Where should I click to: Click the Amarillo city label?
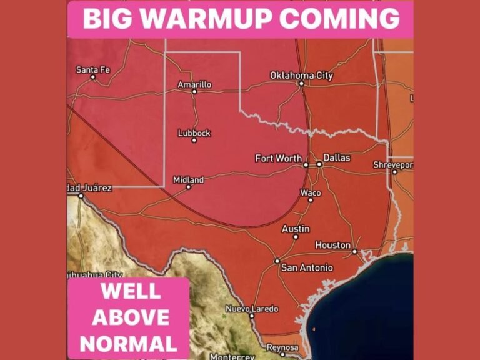click(194, 84)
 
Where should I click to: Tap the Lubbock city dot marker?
click(194, 140)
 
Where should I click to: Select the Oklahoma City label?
click(301, 76)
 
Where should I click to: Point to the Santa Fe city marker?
click(93, 77)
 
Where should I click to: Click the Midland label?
click(188, 179)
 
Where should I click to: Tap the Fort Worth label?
click(279, 158)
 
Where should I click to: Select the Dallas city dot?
click(319, 164)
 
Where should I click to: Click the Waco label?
click(311, 192)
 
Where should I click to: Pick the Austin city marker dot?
click(296, 237)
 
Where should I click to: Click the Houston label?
click(332, 246)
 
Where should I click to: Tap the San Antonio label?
click(307, 268)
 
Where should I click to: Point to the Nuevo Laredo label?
click(252, 309)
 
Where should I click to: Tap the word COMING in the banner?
click(340, 19)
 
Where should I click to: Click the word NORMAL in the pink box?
click(129, 344)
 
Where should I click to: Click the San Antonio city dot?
click(277, 261)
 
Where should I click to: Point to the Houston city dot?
click(354, 251)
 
